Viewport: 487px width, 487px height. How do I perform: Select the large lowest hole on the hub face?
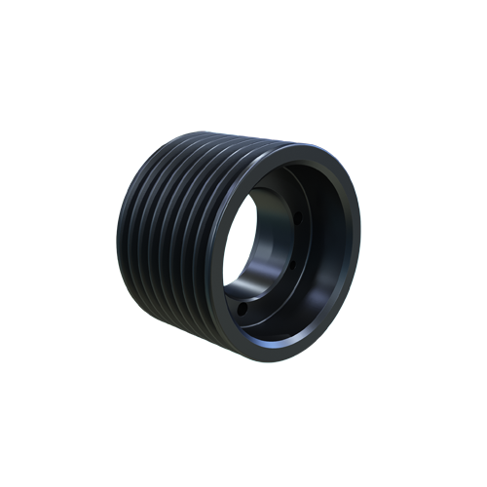(242, 310)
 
